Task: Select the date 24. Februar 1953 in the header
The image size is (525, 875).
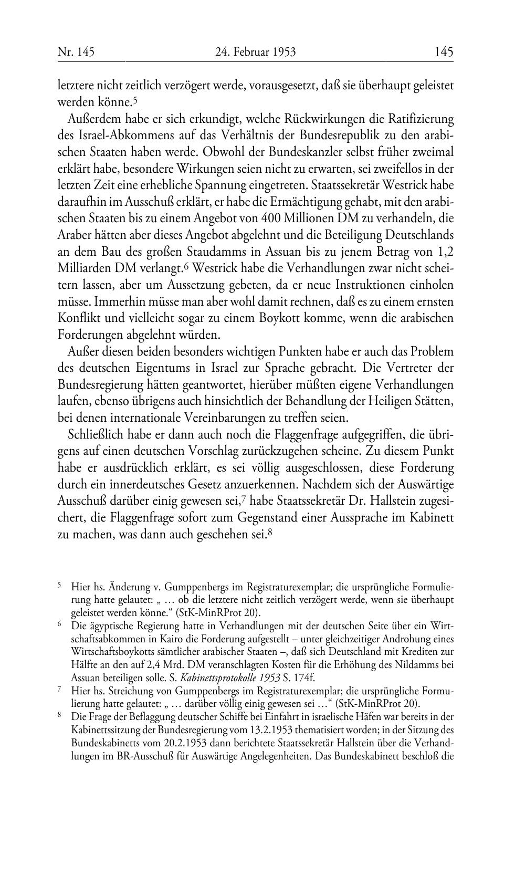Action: pos(255,51)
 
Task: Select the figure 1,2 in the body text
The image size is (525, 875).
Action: pos(444,252)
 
